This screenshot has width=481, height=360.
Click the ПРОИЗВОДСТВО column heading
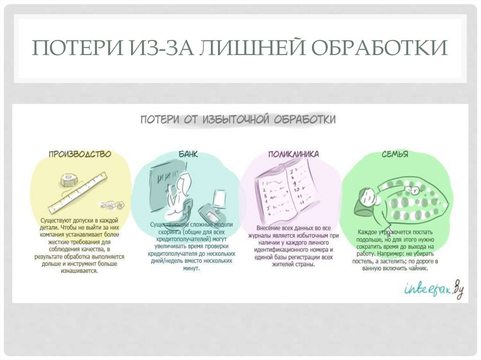(79, 154)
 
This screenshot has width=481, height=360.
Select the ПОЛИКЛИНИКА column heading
(293, 154)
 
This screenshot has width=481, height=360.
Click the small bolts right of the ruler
(111, 205)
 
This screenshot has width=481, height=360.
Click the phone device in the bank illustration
(209, 214)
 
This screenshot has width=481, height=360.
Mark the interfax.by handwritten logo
(433, 288)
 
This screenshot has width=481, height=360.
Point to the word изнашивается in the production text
(78, 271)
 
